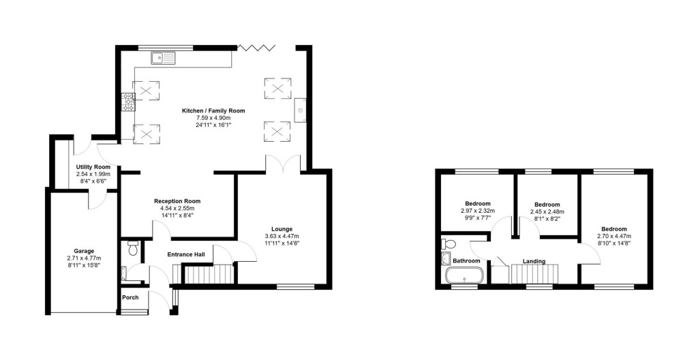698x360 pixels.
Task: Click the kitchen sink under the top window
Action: pyautogui.click(x=164, y=58)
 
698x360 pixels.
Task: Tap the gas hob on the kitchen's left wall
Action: pyautogui.click(x=127, y=102)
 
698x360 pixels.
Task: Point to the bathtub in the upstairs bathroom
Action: pyautogui.click(x=464, y=276)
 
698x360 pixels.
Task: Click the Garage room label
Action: pyautogui.click(x=84, y=251)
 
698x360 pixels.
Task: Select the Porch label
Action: pyautogui.click(x=130, y=297)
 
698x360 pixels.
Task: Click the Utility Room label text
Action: pyautogui.click(x=93, y=167)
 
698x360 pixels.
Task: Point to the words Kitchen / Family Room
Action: pyautogui.click(x=213, y=110)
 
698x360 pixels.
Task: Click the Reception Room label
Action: pyautogui.click(x=177, y=201)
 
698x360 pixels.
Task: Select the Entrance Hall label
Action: pyautogui.click(x=186, y=254)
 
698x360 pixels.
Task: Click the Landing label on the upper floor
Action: pyautogui.click(x=533, y=260)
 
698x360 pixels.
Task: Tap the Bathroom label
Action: pyautogui.click(x=466, y=260)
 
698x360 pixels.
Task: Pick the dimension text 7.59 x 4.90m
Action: pyautogui.click(x=213, y=118)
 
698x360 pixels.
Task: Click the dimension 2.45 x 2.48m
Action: pyautogui.click(x=547, y=211)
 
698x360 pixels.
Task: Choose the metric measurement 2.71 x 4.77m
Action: pyautogui.click(x=84, y=258)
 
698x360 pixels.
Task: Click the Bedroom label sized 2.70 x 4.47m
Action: pyautogui.click(x=614, y=229)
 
